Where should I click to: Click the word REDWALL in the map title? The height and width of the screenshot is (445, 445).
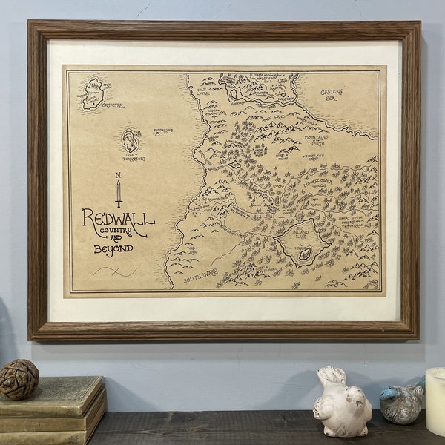pos(118,219)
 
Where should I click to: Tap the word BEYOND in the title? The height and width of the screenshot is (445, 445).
pos(113,249)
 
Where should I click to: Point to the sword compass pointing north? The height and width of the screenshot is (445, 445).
pos(118,193)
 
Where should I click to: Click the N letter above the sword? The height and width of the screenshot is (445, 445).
pos(117,175)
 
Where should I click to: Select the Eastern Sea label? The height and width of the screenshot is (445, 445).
pos(332,94)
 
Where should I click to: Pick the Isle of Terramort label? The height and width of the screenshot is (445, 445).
pos(134,157)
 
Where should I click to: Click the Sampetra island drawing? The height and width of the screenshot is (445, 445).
pos(93,93)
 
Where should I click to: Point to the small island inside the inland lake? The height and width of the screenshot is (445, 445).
pos(305,254)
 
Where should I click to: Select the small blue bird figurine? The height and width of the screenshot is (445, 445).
pos(401,403)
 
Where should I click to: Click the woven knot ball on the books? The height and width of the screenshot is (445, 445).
pos(19,379)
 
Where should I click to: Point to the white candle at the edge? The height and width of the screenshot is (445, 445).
pos(435,400)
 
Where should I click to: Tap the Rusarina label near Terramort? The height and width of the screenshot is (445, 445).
pos(163,131)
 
